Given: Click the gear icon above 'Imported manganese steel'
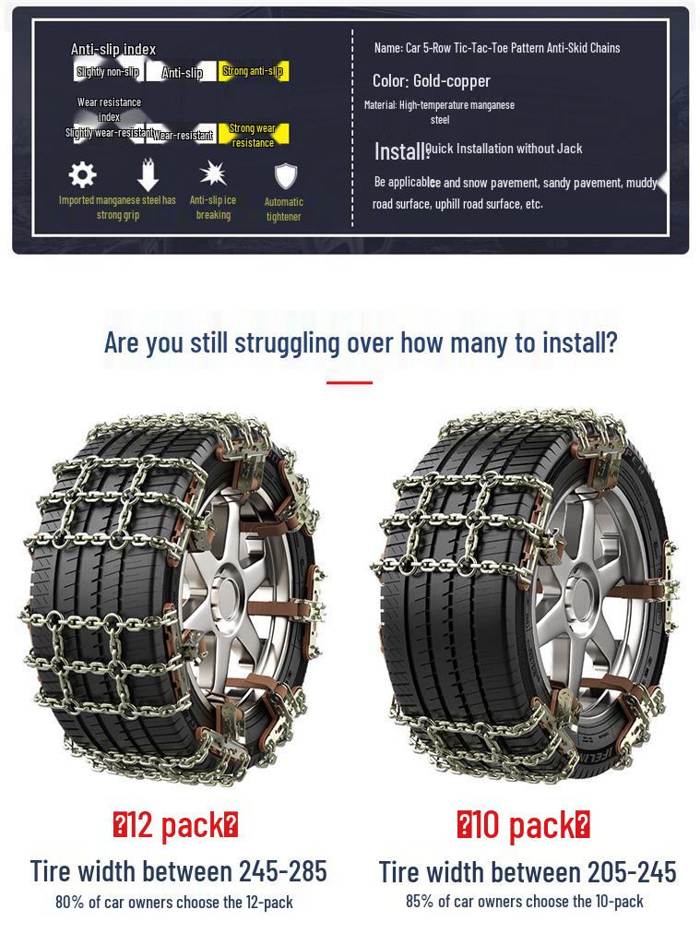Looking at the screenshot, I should (x=83, y=174).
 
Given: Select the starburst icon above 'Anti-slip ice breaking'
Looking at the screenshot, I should (x=213, y=174).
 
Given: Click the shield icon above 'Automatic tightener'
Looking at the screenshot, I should (x=284, y=176).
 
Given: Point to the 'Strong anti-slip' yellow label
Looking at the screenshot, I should (x=253, y=71).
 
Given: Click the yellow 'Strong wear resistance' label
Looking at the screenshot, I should (x=253, y=135).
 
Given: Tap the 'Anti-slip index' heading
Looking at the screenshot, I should (x=113, y=49).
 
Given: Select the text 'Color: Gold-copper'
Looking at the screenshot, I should (x=431, y=81).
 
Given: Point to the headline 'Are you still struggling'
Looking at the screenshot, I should (x=361, y=342).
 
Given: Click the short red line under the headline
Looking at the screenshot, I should (x=350, y=382).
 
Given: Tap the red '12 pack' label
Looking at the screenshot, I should (x=175, y=824).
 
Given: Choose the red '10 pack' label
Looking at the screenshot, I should (x=524, y=824).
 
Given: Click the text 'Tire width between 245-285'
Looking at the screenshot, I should (x=178, y=870).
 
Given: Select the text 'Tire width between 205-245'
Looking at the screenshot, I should (x=528, y=871).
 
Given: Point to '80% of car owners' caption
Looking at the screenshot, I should (x=174, y=902).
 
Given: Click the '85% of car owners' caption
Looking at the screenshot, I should (x=525, y=901).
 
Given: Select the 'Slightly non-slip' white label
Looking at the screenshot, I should (x=109, y=71).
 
